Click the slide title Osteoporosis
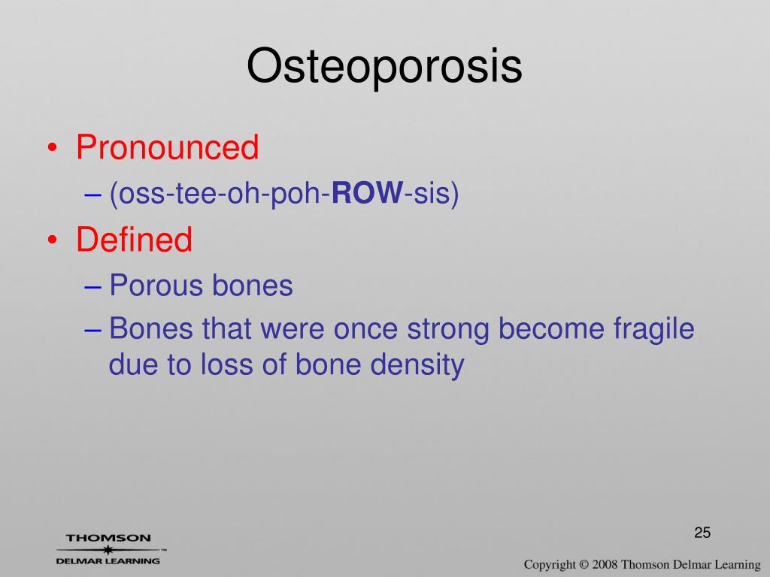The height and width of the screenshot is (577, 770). pyautogui.click(x=384, y=66)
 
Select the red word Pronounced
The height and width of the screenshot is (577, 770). pyautogui.click(x=167, y=147)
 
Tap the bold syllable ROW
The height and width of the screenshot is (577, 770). pyautogui.click(x=367, y=192)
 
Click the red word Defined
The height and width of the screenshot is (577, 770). pyautogui.click(x=134, y=240)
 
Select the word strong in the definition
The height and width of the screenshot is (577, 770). pyautogui.click(x=448, y=330)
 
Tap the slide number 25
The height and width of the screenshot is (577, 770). pyautogui.click(x=702, y=533)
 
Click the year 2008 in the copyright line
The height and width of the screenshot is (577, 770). pyautogui.click(x=605, y=565)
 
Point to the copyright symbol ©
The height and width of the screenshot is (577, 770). pyautogui.click(x=584, y=565)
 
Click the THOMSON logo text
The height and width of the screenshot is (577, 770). pyautogui.click(x=108, y=538)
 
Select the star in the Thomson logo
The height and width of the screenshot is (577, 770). pyautogui.click(x=108, y=550)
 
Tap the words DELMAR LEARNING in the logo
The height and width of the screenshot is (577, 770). pyautogui.click(x=108, y=560)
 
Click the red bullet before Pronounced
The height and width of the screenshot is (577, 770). pyautogui.click(x=53, y=148)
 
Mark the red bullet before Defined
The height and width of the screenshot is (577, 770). pyautogui.click(x=53, y=240)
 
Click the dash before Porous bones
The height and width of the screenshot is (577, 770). pyautogui.click(x=92, y=286)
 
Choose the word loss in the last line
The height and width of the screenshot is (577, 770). pyautogui.click(x=226, y=365)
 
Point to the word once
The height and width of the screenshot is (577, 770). pyautogui.click(x=365, y=330)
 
